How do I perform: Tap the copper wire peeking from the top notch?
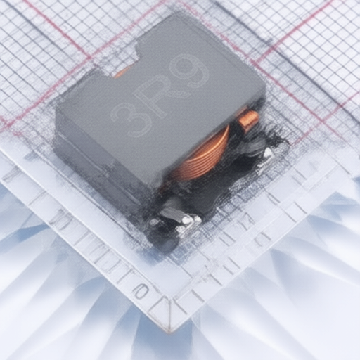coord(122,72)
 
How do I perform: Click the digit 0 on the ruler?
coord(141,291)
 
